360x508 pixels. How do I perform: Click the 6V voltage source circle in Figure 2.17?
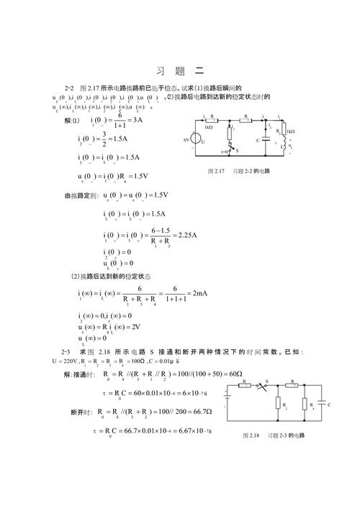point(202,141)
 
